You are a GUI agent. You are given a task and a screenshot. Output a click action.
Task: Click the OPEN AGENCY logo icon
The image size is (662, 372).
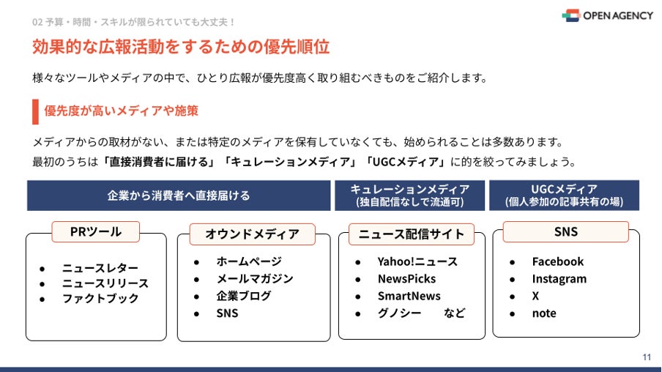click(x=570, y=15)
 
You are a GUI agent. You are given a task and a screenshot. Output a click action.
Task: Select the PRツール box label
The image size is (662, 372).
click(x=95, y=232)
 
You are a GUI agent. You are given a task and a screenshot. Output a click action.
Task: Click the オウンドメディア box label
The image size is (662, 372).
click(x=252, y=234)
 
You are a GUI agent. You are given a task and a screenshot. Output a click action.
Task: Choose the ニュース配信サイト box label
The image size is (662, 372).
click(x=411, y=234)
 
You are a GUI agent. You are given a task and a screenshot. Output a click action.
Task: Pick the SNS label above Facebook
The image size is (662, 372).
click(x=565, y=231)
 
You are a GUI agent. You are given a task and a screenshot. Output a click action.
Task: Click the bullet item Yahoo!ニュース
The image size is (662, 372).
click(x=417, y=261)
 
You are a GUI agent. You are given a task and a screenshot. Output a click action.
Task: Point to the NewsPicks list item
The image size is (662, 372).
click(x=406, y=279)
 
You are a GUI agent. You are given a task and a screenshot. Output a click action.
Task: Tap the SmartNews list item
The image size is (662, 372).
click(x=409, y=296)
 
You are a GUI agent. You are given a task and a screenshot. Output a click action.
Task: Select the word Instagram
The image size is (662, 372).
click(x=559, y=279)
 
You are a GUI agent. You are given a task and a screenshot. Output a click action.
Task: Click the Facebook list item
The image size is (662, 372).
click(x=557, y=261)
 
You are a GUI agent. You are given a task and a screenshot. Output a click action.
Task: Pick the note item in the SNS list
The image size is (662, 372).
click(x=544, y=313)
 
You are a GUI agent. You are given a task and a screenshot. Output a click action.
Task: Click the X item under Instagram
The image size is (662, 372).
click(x=535, y=296)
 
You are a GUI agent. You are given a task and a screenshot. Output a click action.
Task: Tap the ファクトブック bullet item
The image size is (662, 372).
click(x=100, y=299)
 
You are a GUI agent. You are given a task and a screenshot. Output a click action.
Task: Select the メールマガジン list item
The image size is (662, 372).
click(x=254, y=278)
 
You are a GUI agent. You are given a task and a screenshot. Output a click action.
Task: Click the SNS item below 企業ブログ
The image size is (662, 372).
click(x=227, y=313)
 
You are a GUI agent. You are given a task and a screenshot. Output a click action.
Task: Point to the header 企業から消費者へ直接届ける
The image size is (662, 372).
click(x=179, y=196)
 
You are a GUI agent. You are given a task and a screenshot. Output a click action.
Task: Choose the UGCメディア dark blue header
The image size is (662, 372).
click(x=564, y=196)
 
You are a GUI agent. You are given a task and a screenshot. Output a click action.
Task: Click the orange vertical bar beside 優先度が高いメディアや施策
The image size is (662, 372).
click(x=35, y=111)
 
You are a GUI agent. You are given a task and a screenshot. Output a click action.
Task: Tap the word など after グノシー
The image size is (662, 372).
click(x=454, y=313)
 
